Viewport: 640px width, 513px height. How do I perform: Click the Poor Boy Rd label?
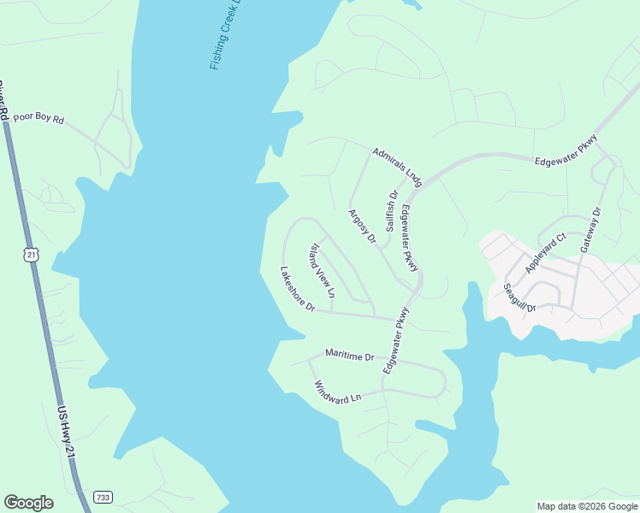(39, 120)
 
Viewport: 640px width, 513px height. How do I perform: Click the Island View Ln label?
(323, 271)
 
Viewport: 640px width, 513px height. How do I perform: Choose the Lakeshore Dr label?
(298, 289)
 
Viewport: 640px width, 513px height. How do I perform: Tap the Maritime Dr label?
(350, 355)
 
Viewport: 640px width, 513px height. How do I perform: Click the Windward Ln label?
(338, 392)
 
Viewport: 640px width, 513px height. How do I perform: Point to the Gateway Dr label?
(591, 228)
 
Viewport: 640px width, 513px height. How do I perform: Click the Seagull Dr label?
(519, 298)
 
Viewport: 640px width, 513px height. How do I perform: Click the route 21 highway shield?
(32, 255)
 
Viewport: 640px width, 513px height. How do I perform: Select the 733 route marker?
(103, 497)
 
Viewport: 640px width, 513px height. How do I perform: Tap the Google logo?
(28, 503)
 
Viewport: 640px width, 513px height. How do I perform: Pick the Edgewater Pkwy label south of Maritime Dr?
(398, 342)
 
